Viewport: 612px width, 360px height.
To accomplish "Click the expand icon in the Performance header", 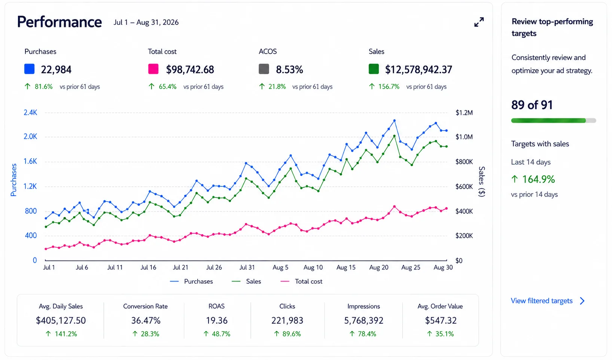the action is pyautogui.click(x=479, y=22).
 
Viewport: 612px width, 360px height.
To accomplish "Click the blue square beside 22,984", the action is pyautogui.click(x=29, y=69).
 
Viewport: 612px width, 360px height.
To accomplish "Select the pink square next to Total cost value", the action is pyautogui.click(x=153, y=69).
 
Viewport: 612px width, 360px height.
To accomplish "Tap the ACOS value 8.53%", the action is pyautogui.click(x=289, y=70).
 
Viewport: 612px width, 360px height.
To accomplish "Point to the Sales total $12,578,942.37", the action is pyautogui.click(x=418, y=70).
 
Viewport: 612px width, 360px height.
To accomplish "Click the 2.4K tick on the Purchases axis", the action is pyautogui.click(x=30, y=113).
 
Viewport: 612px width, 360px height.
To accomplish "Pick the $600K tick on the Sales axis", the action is pyautogui.click(x=464, y=187).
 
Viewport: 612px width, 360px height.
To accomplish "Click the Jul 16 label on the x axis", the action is pyautogui.click(x=148, y=268).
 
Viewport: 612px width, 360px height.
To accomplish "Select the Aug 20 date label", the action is pyautogui.click(x=379, y=268).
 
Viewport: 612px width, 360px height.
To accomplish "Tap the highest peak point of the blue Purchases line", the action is pyautogui.click(x=394, y=120).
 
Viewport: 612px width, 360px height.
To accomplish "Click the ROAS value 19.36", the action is pyautogui.click(x=217, y=320).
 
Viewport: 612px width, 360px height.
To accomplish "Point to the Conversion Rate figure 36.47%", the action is pyautogui.click(x=146, y=320).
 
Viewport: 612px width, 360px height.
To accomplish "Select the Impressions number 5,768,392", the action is pyautogui.click(x=364, y=320).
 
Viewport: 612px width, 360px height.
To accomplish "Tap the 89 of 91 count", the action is pyautogui.click(x=532, y=105).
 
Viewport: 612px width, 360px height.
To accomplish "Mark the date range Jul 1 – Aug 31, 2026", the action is pyautogui.click(x=146, y=22).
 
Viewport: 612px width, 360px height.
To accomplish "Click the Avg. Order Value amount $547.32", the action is pyautogui.click(x=441, y=320).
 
